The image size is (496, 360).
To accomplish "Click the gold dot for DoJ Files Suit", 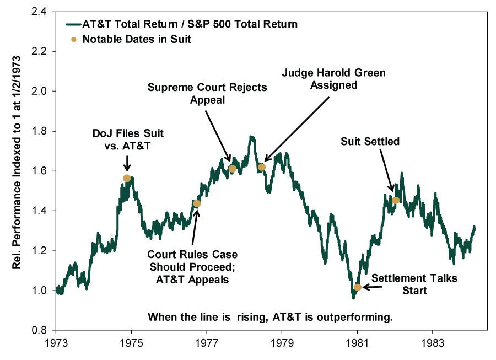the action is tap(127, 179).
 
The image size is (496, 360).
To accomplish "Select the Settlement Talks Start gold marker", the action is tap(358, 287).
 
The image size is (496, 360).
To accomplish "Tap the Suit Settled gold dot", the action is tap(396, 200).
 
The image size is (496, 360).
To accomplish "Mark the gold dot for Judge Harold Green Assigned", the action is tap(262, 167).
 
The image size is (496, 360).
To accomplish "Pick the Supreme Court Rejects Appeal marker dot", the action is tap(232, 169).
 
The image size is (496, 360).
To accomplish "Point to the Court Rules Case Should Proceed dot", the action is tap(197, 203).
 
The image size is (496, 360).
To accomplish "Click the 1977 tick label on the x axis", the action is tap(207, 343).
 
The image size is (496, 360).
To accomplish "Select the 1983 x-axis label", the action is tap(433, 343).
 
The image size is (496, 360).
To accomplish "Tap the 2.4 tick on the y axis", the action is tap(39, 12).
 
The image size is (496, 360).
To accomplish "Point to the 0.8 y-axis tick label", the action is tap(39, 330).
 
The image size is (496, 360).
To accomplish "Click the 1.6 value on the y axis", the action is tap(39, 171).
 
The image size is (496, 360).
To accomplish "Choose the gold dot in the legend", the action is tap(74, 40).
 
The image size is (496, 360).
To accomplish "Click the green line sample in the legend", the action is tap(74, 24).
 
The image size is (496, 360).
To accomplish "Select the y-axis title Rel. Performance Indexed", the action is tap(17, 163).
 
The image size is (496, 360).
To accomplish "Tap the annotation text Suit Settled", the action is tap(370, 141).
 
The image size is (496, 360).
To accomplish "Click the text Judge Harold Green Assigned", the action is tap(334, 79).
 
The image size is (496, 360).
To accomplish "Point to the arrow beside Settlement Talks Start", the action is tap(372, 287).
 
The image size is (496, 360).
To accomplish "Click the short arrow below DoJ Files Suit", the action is tap(127, 163).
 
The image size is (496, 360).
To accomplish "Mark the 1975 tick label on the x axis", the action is tap(131, 343).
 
